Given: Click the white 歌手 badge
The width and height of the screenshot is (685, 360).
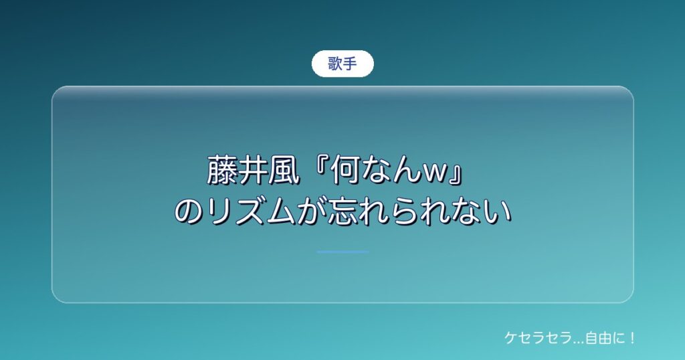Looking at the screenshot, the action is coord(342,64).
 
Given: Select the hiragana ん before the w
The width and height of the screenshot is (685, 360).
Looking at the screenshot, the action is coord(406,171).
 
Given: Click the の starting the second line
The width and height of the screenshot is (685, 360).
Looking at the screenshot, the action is coord(189,212).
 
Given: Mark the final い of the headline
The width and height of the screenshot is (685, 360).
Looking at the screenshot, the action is coord(497,213).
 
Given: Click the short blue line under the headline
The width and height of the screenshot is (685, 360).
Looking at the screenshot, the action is coord(342,252).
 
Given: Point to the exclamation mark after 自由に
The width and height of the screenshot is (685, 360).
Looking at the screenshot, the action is coord(632,338).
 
